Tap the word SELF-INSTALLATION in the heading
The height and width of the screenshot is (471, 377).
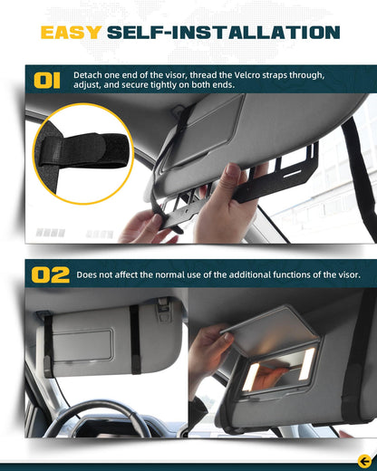point(223,34)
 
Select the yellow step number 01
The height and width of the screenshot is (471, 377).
point(47,82)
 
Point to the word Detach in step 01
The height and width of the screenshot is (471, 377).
point(92,75)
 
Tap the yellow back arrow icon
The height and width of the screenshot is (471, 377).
point(364,459)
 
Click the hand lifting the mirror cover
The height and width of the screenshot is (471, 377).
point(210,349)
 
